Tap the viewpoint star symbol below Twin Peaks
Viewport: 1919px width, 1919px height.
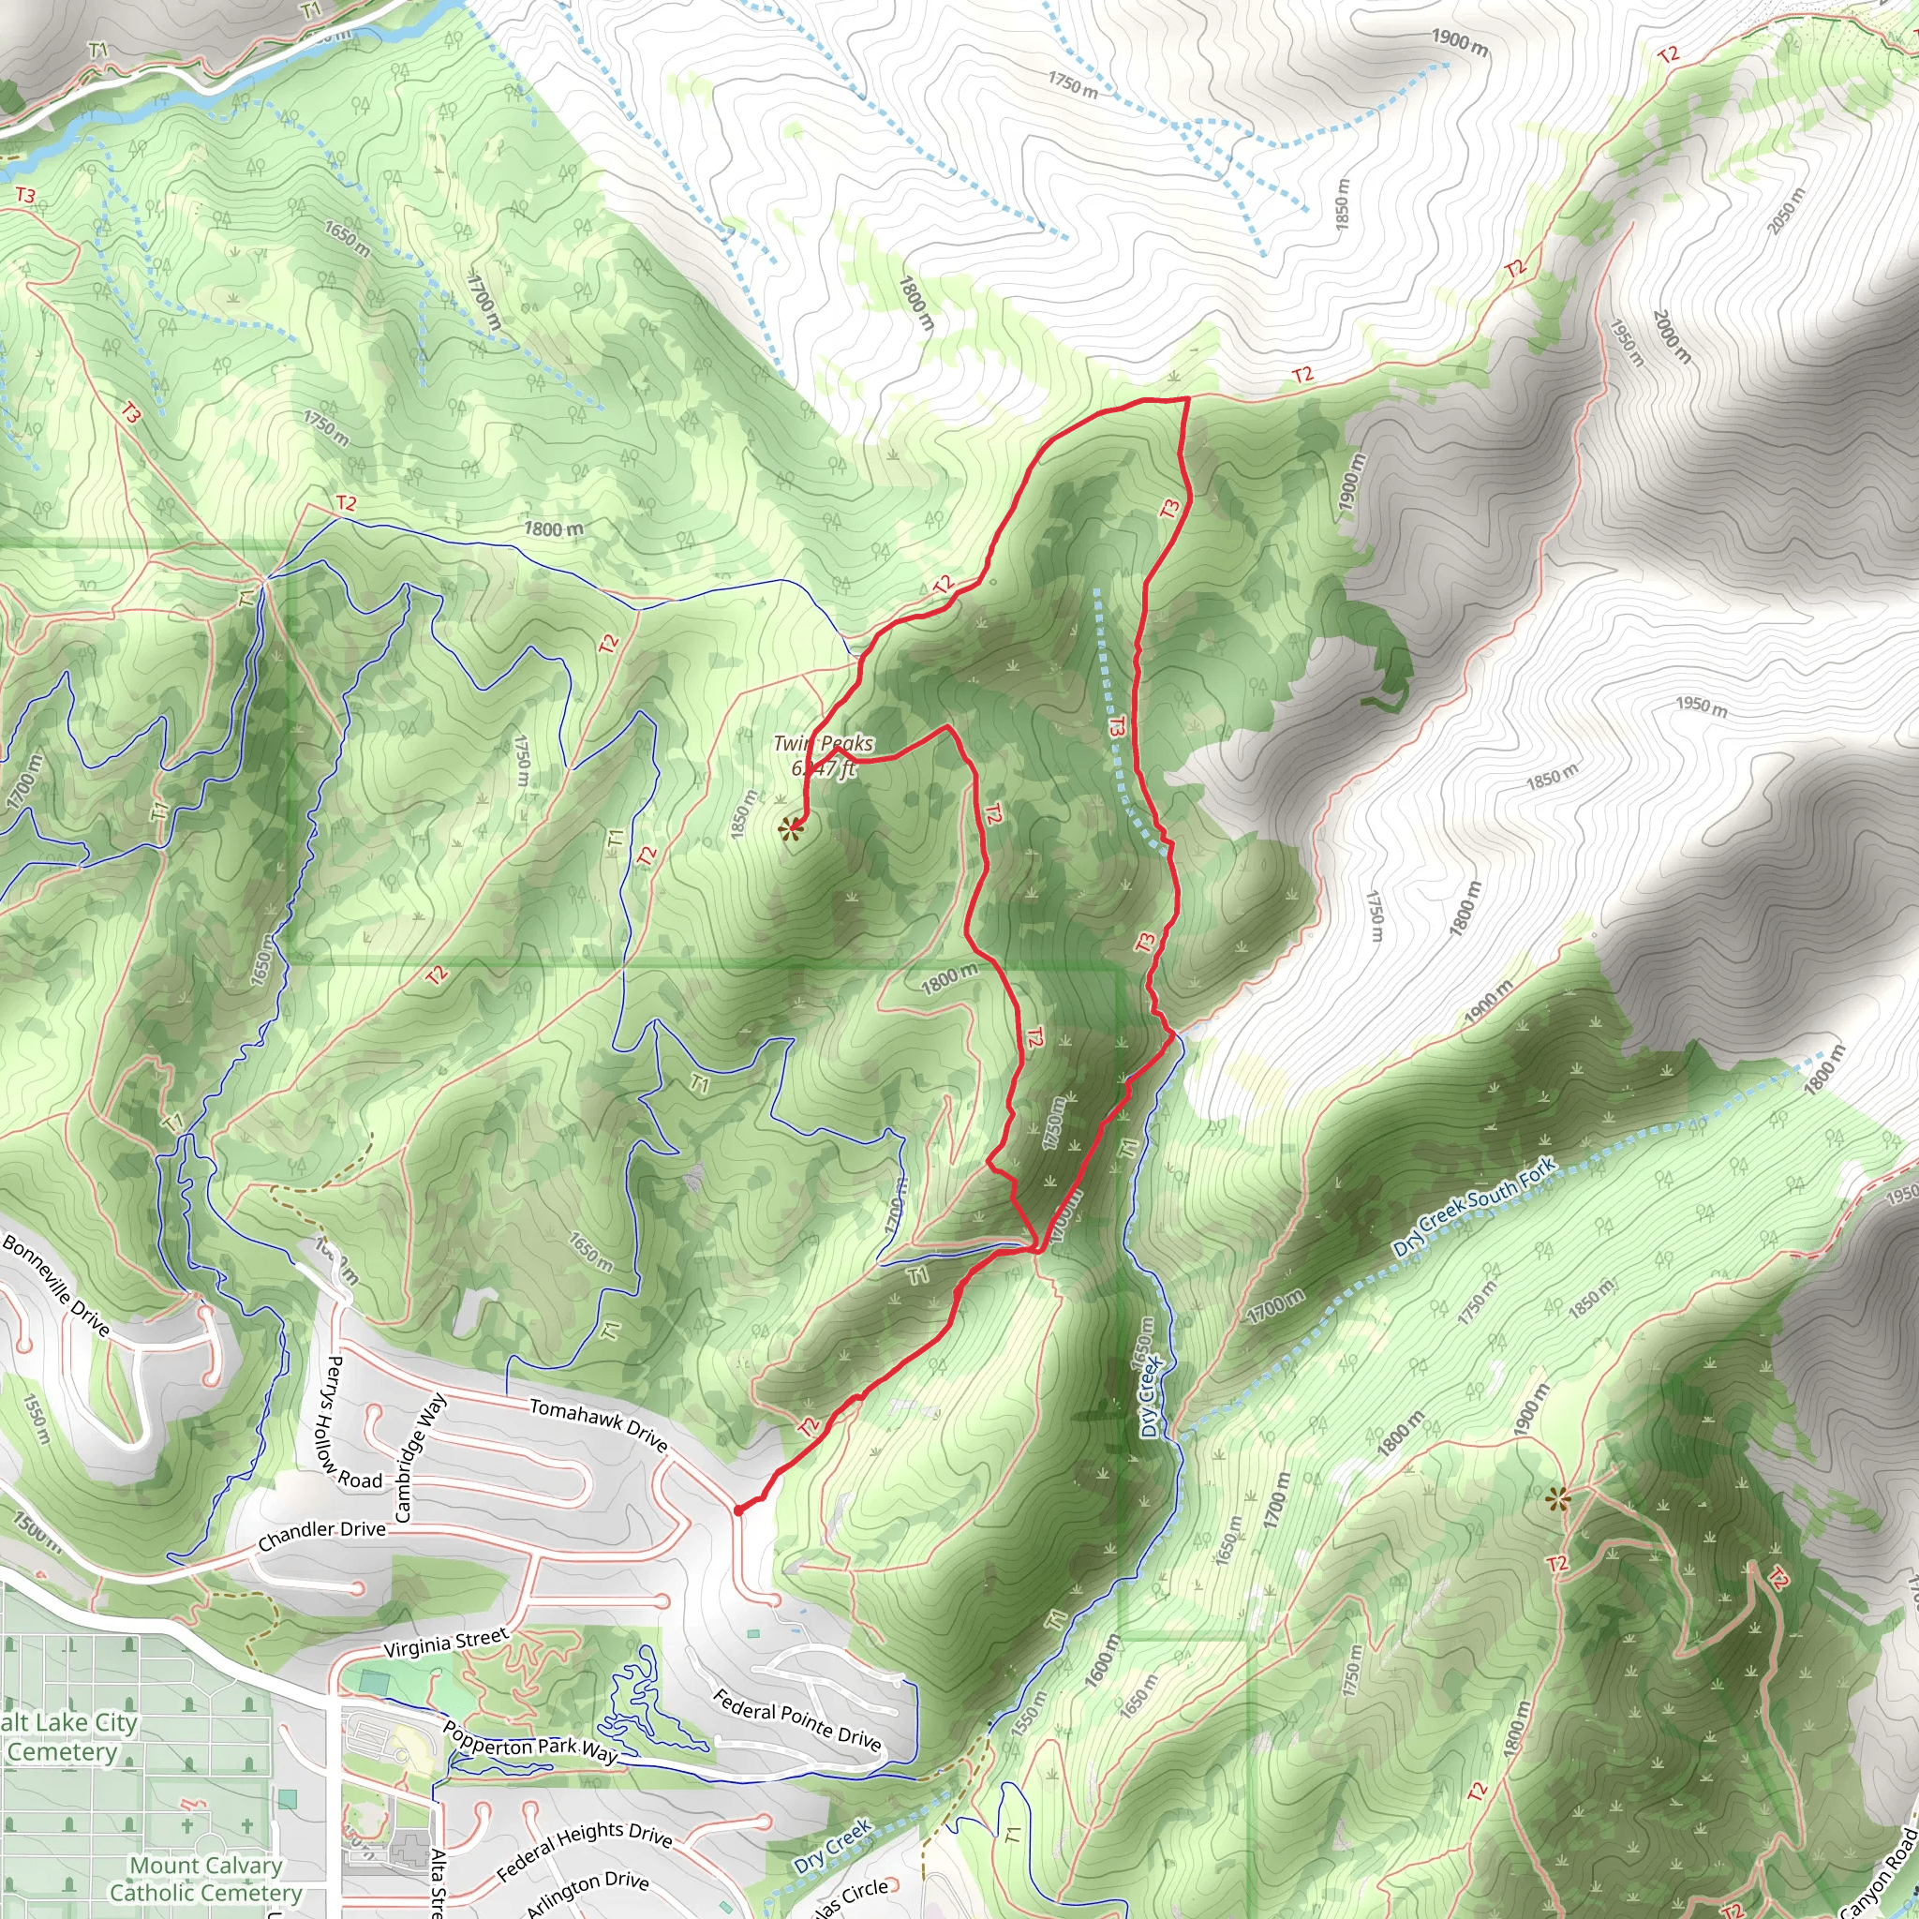coord(791,828)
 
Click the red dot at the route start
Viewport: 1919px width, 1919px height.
coord(738,1510)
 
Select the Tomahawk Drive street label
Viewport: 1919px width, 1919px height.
coord(598,1425)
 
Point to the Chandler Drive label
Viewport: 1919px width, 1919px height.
coord(320,1536)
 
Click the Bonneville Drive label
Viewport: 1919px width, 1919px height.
coord(55,1286)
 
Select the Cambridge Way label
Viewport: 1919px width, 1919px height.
coord(420,1458)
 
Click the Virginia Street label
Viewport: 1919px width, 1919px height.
coord(446,1643)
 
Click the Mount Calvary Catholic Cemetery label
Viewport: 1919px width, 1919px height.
coord(204,1880)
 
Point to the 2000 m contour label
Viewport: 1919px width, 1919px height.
coord(1671,335)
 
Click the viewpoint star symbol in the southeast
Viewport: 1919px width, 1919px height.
coord(1557,1499)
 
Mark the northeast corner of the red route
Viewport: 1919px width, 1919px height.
coord(1188,398)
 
